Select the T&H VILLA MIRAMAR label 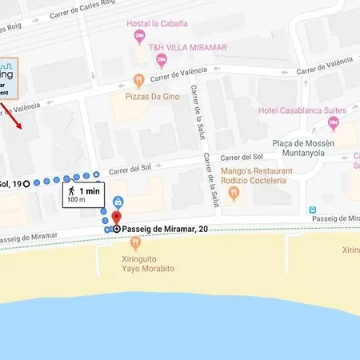pos(188,47)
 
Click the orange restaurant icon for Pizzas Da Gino pos(139,80)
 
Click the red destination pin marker pos(116,218)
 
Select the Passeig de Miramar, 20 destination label pos(160,229)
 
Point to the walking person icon pos(72,192)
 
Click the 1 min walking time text pos(90,191)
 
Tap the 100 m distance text pos(76,202)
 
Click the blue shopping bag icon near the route pos(118,202)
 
